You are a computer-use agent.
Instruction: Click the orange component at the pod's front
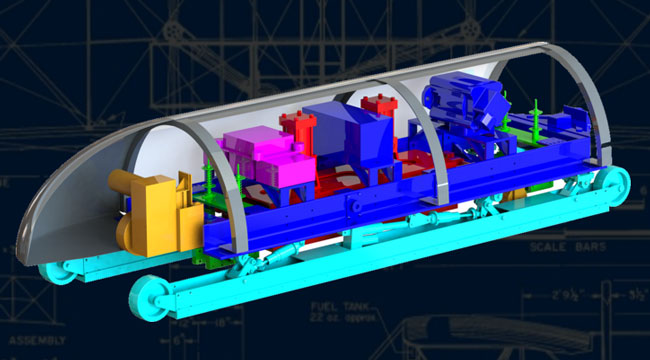point(150,212)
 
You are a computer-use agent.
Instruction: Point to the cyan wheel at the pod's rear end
point(612,185)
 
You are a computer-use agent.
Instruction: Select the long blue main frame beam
point(380,215)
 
